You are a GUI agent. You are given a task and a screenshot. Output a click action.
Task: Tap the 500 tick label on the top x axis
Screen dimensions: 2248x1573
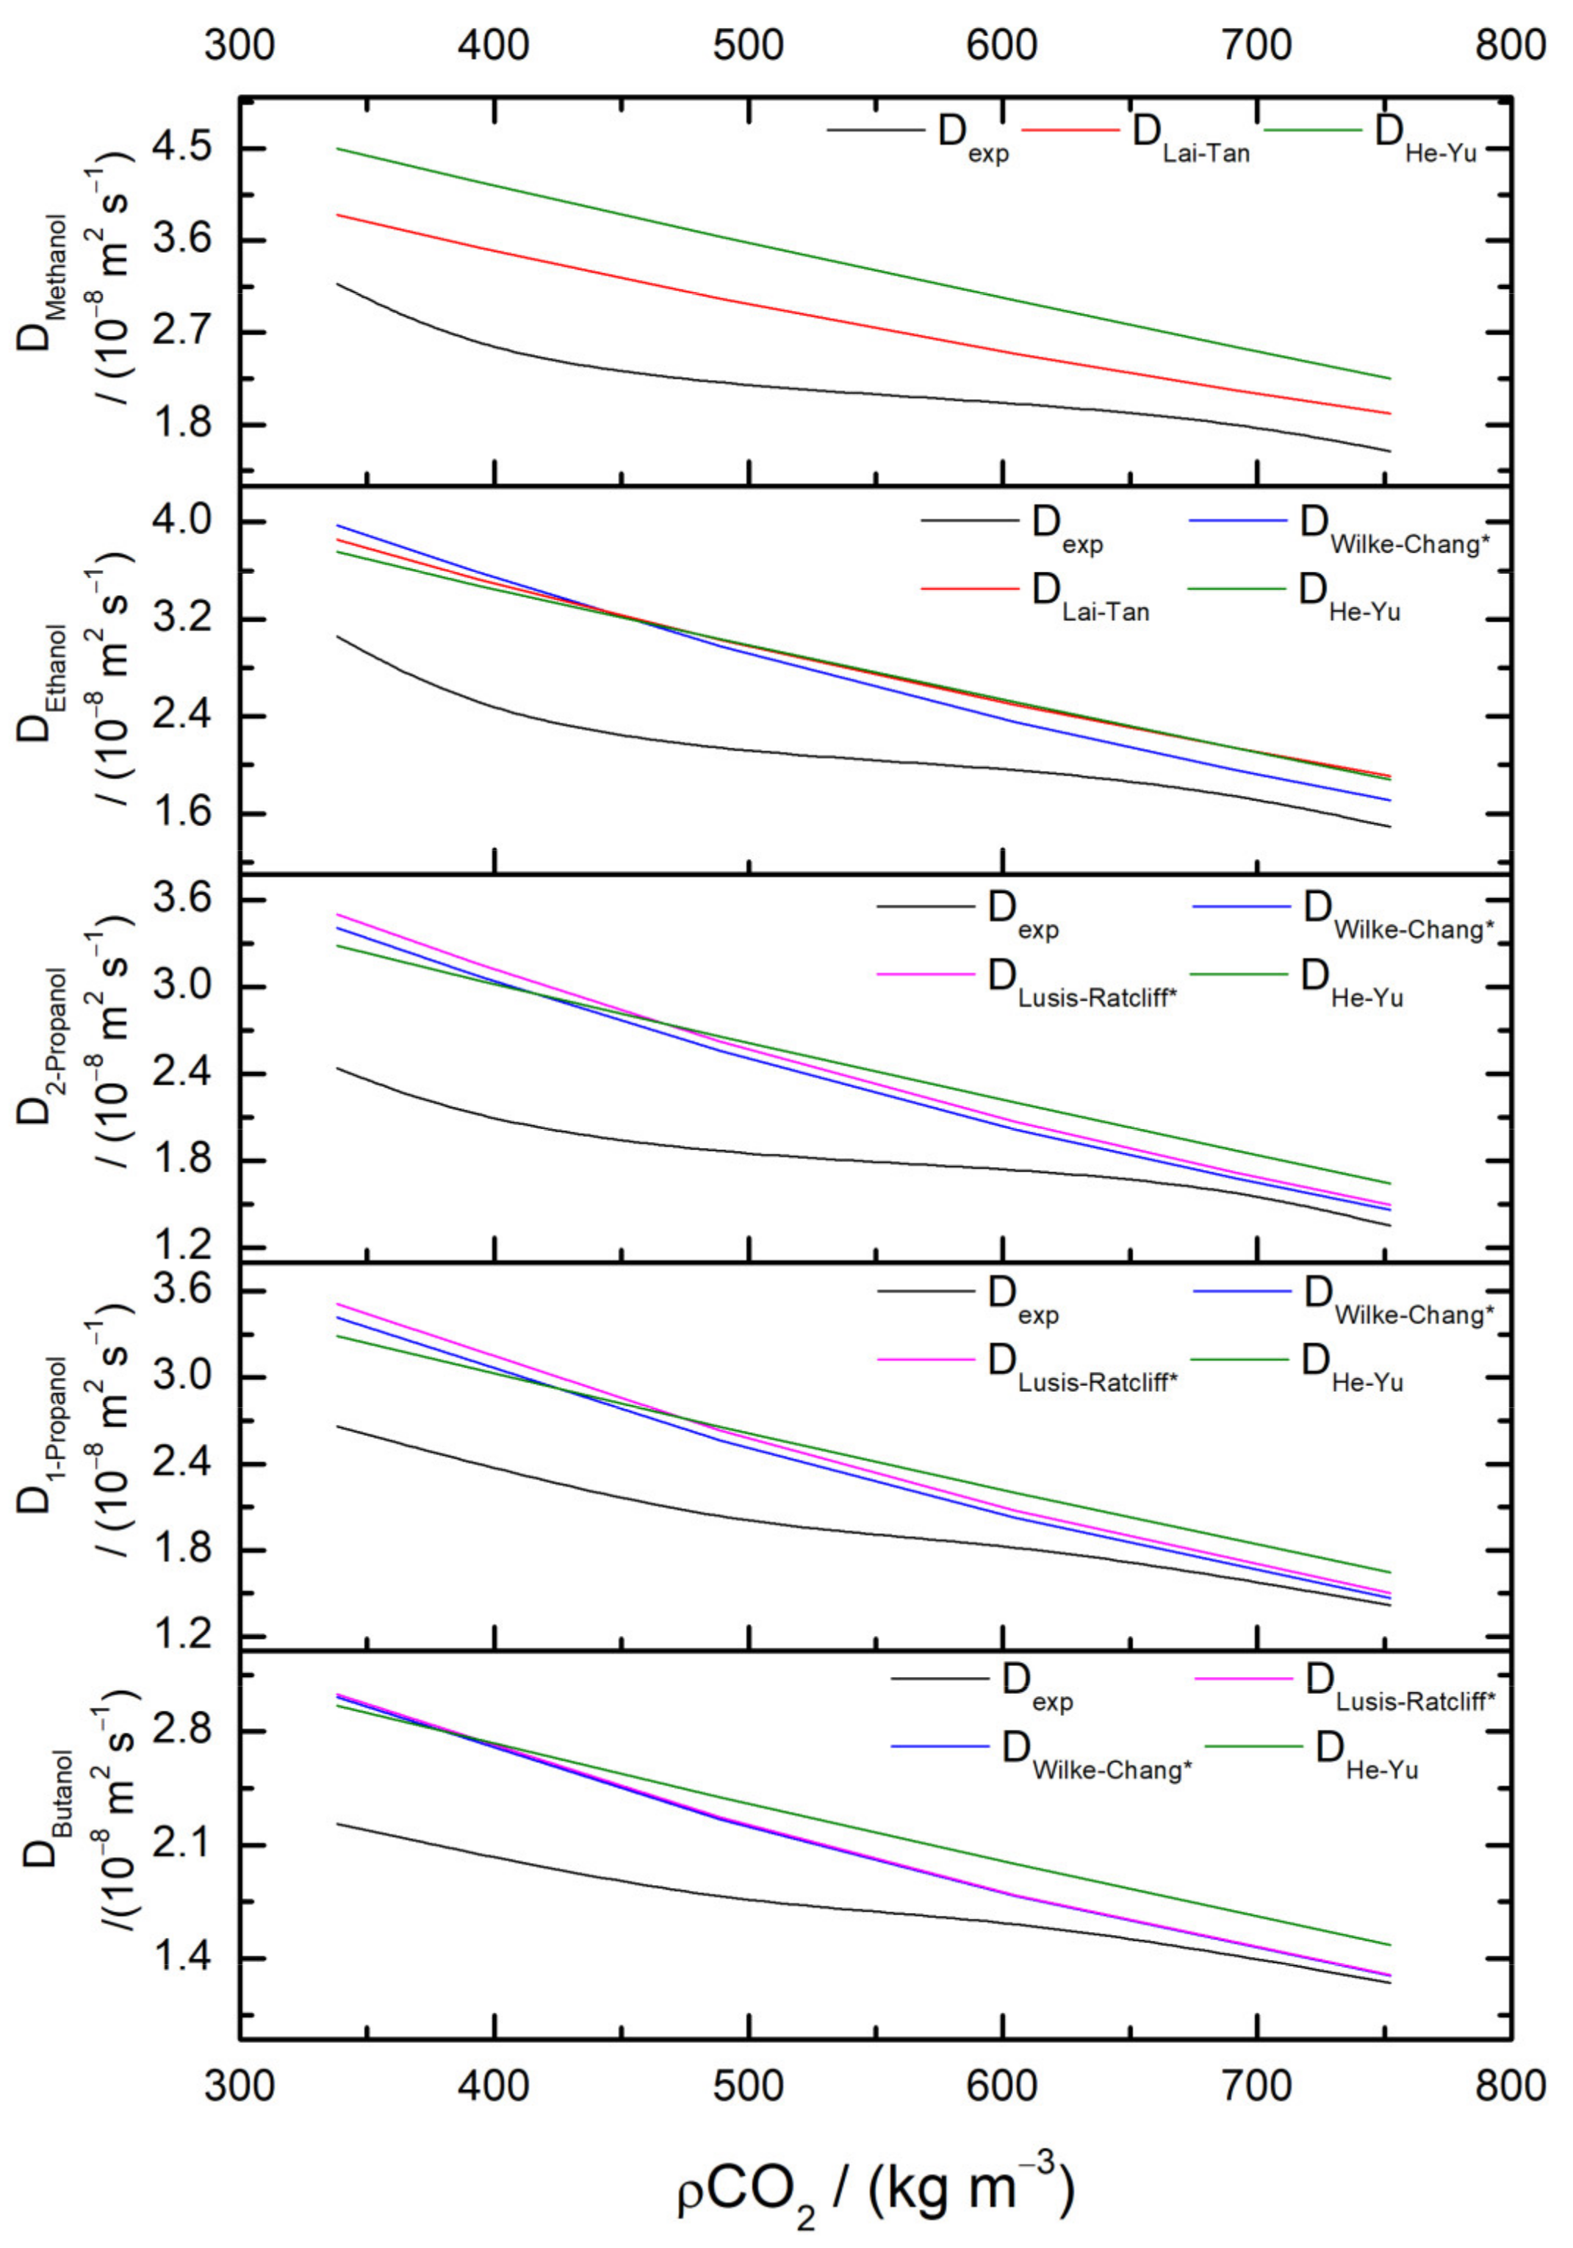pyautogui.click(x=748, y=45)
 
